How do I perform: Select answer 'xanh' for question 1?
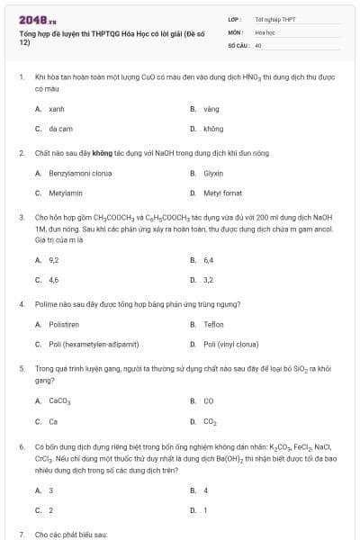pos(57,108)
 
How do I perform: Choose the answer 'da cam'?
pos(61,129)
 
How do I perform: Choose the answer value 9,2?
pos(54,259)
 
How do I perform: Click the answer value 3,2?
pos(209,280)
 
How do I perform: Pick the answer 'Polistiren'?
pos(64,324)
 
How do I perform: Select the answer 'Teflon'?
pos(213,324)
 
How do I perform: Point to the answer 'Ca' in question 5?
pos(53,420)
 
